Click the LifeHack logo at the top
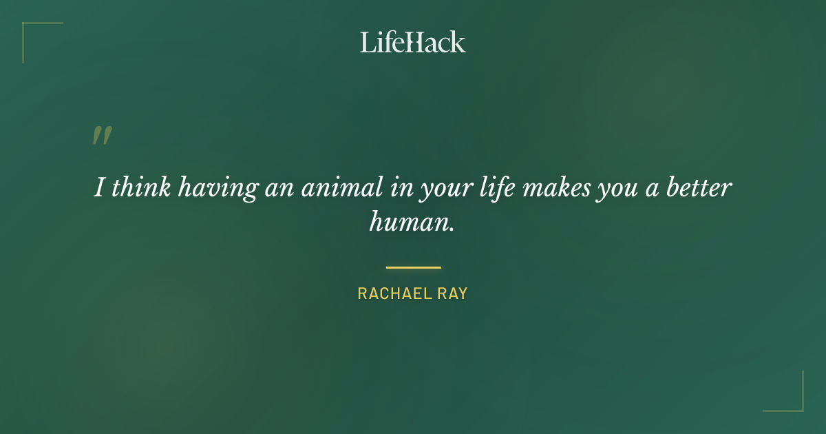click(x=413, y=42)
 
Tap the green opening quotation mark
click(x=102, y=136)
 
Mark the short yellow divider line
click(x=413, y=267)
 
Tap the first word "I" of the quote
click(x=98, y=188)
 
